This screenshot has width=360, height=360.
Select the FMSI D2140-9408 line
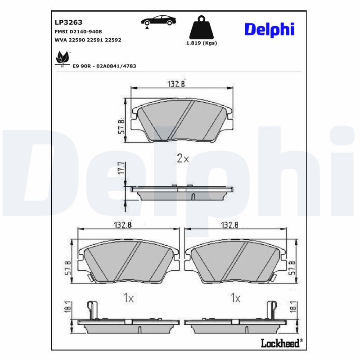[x=77, y=31]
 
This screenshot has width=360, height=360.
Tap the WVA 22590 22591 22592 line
[x=87, y=40]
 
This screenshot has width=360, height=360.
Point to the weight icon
[x=201, y=28]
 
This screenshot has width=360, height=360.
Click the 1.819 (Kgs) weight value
[x=202, y=43]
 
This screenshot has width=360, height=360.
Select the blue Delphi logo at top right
[x=269, y=29]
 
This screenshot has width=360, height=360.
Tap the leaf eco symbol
[x=62, y=58]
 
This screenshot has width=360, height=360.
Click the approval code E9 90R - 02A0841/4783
[x=104, y=66]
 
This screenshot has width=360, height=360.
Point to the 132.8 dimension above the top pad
[x=176, y=84]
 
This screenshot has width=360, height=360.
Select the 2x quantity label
[x=182, y=158]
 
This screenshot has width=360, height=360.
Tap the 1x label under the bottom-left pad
[x=129, y=297]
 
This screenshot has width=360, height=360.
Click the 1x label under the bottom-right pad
[x=235, y=297]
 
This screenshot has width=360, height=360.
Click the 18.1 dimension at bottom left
[x=68, y=307]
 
